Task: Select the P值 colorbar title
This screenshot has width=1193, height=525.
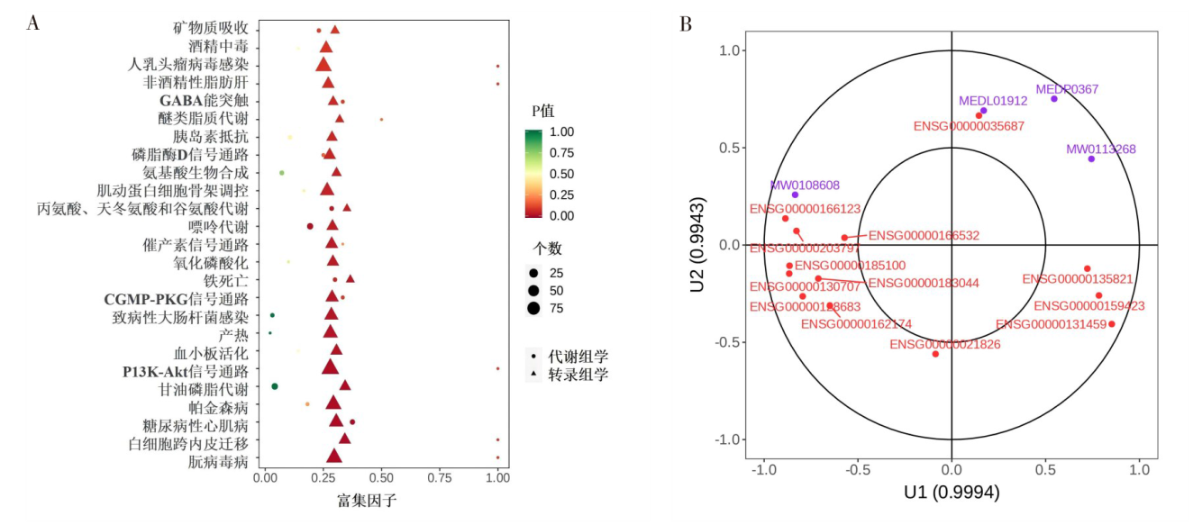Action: [543, 111]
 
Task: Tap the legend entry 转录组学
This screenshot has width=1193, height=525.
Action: [578, 375]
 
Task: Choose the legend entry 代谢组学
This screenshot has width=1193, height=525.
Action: [578, 357]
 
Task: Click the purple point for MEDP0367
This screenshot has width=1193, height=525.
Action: [1053, 98]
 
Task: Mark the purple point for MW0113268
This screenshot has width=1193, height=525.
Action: [1091, 158]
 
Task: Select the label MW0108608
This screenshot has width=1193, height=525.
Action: [805, 186]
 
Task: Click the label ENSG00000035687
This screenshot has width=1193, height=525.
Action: [969, 126]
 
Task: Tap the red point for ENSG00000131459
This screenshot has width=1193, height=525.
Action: [1112, 324]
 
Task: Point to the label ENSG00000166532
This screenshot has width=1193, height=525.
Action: [924, 236]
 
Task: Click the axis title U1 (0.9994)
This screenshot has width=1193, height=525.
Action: [952, 493]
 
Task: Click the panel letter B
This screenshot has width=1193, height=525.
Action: [685, 24]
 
